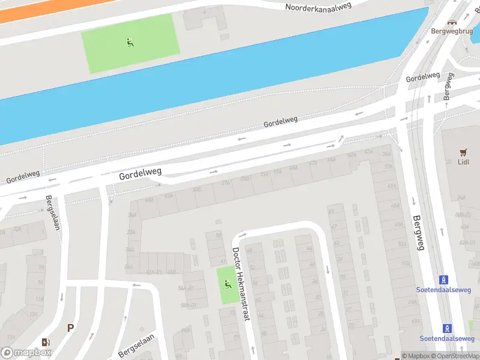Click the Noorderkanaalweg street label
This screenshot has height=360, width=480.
[318, 7]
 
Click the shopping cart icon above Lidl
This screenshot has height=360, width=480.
[463, 152]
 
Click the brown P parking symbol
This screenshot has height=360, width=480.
[70, 328]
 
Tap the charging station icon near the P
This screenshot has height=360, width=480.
[46, 342]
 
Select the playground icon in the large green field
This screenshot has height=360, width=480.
[130, 42]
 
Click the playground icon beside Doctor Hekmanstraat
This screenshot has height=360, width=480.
[227, 284]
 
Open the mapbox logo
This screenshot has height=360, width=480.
[26, 353]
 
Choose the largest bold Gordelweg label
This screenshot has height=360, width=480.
[141, 175]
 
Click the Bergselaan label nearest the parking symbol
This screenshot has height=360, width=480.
[136, 345]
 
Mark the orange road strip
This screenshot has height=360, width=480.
[36, 9]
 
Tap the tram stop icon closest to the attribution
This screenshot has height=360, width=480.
[447, 328]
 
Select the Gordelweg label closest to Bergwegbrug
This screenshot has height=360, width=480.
[423, 77]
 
